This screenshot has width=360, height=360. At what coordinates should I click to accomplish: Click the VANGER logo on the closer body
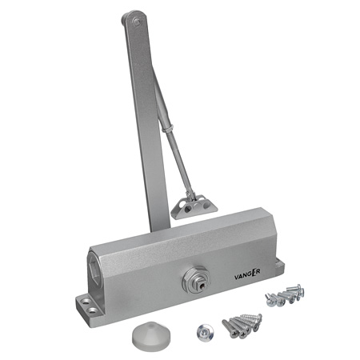[247, 274]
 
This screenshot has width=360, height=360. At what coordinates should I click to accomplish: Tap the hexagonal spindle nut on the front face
[196, 280]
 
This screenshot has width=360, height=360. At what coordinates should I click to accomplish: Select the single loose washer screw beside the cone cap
[205, 333]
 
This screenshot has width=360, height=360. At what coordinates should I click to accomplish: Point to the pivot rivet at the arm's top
[137, 22]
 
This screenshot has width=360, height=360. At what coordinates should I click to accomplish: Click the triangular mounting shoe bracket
[194, 206]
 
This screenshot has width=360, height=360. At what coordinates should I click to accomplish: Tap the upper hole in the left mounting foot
[86, 302]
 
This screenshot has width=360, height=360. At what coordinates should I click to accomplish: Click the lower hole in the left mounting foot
[93, 310]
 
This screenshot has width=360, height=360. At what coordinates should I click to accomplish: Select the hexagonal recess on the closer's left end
[94, 266]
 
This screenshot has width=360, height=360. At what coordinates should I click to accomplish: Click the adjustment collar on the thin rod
[168, 128]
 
